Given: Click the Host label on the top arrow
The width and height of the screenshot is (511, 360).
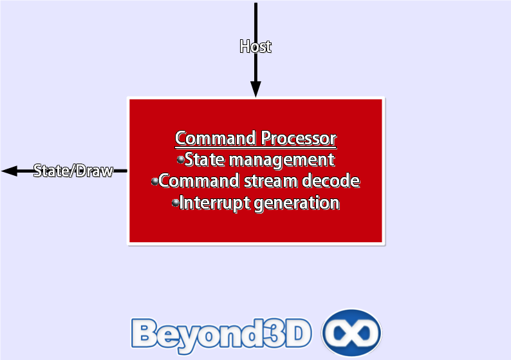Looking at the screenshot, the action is coord(256,46).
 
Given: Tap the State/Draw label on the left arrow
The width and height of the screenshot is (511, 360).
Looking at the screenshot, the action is coord(73,171).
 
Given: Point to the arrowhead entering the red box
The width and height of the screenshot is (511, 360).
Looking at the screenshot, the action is coord(256,90).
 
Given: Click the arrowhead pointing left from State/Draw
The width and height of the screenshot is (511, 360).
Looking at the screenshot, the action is coord(9,171).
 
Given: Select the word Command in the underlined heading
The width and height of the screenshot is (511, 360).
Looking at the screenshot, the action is coord(216,138).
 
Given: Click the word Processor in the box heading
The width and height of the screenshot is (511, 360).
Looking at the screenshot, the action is coord(299,138).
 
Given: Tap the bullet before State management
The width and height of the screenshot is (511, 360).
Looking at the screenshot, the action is coord(181,160).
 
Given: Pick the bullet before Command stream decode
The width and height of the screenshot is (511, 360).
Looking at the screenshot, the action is coord(155,182).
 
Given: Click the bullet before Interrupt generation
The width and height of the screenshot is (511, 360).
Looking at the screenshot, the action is coord(175,203).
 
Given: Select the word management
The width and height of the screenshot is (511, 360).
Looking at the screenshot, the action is coord(282,160).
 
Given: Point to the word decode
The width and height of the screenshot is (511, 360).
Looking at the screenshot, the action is coord(331,181).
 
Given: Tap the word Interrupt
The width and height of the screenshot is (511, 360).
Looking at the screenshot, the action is coord(214,204).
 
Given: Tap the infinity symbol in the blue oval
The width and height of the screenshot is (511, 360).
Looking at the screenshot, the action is coord(351,333).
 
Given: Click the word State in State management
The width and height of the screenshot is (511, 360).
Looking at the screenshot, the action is coord(205,160).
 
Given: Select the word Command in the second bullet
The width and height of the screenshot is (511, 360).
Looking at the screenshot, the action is coord(199,181).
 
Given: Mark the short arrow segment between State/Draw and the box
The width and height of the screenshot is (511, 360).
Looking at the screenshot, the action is coord(120,171).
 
